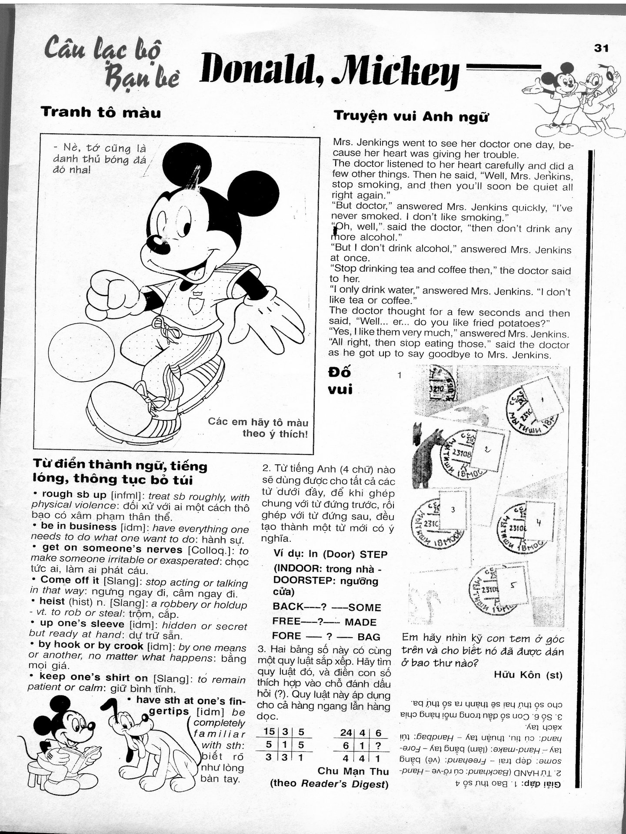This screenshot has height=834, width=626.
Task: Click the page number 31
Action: [x=602, y=48]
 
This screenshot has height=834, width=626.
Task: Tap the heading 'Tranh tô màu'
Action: [x=101, y=113]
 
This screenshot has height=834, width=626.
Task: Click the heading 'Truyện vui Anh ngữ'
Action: [x=411, y=116]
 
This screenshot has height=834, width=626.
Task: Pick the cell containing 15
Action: [x=270, y=744]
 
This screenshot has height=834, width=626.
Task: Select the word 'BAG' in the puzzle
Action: [x=369, y=637]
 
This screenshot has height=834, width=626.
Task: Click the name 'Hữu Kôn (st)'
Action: [x=528, y=675]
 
